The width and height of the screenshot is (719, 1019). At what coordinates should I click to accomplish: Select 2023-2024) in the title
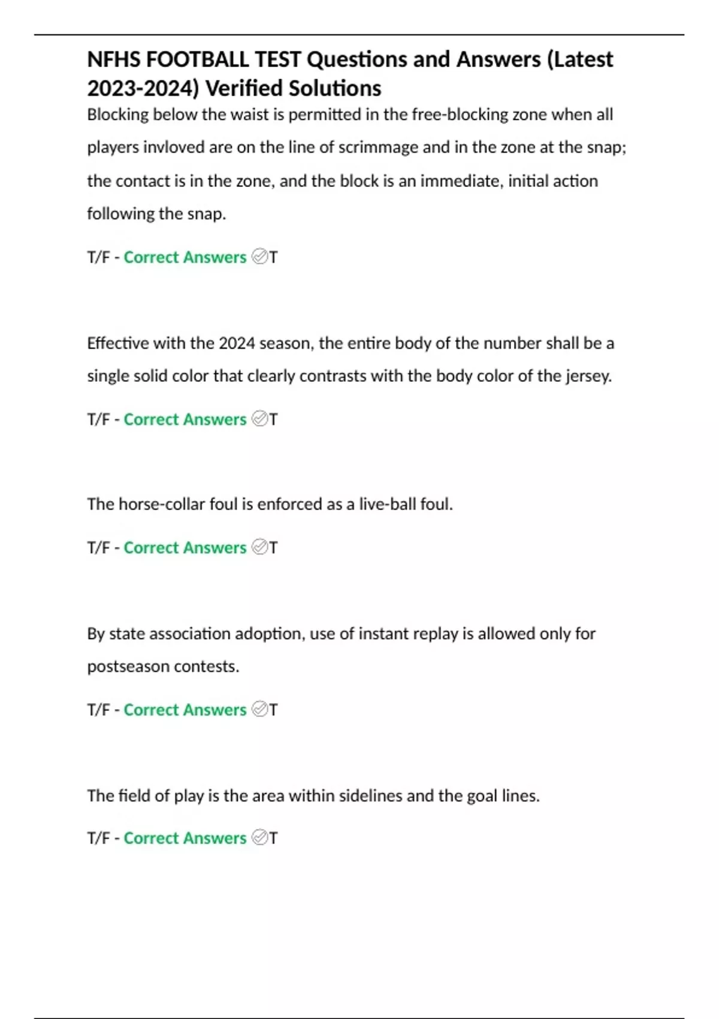click(x=143, y=88)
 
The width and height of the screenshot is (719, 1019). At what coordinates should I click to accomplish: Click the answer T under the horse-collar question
click(x=273, y=548)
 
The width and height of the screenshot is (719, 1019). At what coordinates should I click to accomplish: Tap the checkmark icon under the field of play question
click(x=259, y=837)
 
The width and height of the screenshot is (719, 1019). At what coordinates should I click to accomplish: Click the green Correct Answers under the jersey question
click(x=185, y=420)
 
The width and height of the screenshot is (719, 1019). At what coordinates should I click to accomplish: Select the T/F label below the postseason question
click(x=98, y=710)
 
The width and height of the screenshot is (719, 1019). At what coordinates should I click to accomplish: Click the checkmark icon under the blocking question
click(x=259, y=257)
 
